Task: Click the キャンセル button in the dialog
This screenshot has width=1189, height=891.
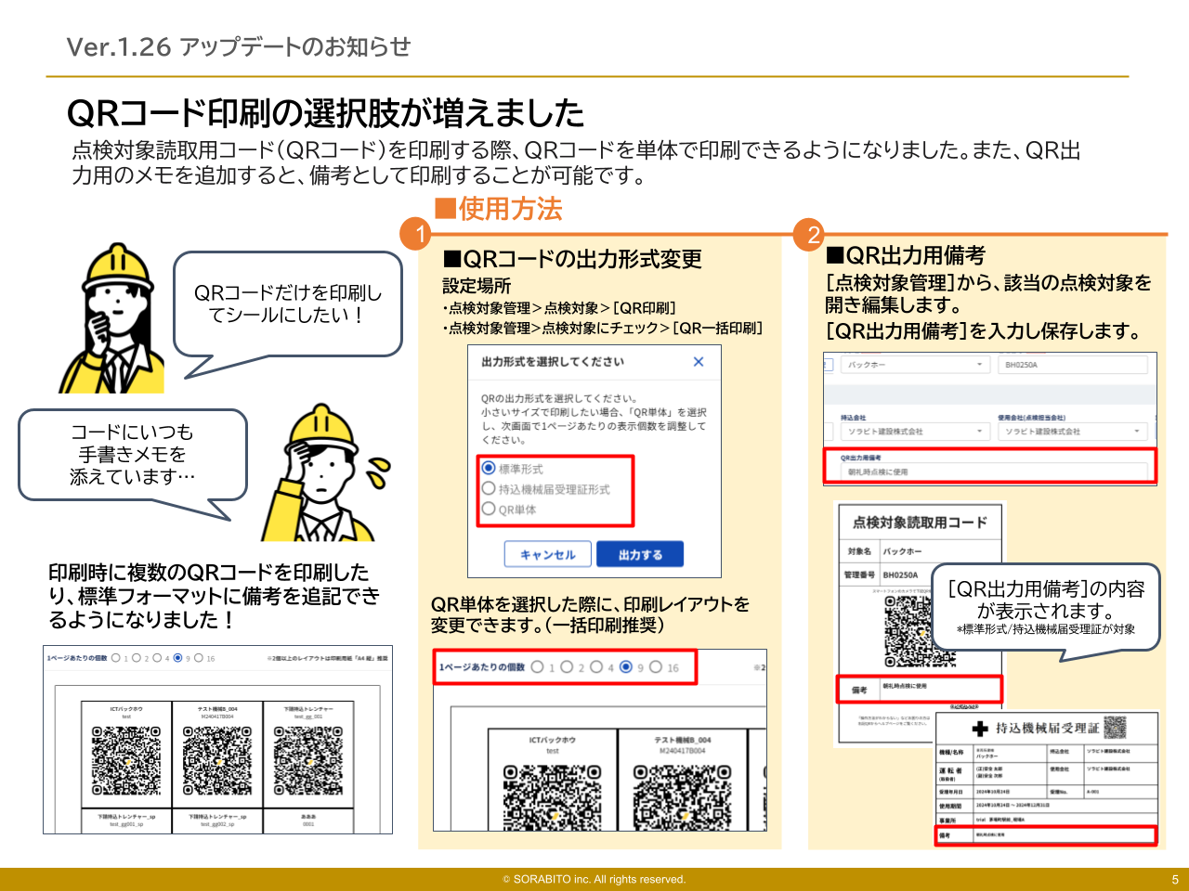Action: pos(547,554)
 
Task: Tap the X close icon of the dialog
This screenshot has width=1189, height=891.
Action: pos(699,362)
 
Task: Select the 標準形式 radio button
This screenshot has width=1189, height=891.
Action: pos(489,468)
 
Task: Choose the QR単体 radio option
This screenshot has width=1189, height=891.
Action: pos(489,509)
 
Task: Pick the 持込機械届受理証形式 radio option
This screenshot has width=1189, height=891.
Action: pos(489,488)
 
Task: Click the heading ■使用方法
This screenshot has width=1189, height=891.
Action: pos(499,209)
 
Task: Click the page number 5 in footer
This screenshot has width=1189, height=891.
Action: pos(1174,879)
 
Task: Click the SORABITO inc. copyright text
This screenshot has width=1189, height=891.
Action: pos(594,879)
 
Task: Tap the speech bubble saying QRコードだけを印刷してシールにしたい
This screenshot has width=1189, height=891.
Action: pos(288,304)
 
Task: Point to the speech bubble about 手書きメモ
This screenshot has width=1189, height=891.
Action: pos(132,455)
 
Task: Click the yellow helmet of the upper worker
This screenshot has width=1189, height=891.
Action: pos(118,266)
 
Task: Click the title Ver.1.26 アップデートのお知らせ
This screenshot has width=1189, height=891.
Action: pos(239,46)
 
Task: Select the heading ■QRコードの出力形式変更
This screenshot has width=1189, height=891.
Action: pos(572,259)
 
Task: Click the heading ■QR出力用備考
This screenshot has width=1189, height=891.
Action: pos(906,255)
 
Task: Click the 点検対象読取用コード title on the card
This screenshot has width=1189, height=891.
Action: pos(920,523)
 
